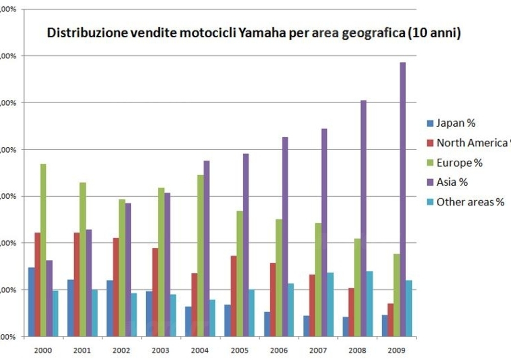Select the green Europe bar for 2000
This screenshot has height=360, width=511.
(43, 250)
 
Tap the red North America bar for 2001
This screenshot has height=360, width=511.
(77, 284)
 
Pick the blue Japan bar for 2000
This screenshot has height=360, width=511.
(31, 302)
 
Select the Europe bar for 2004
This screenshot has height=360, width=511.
(200, 255)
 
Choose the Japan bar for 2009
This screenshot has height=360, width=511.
(384, 326)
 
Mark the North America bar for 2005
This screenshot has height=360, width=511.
(234, 296)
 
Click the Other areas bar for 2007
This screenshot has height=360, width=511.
(331, 304)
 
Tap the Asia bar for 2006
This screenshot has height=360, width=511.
(285, 237)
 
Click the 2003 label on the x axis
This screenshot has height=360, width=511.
(160, 350)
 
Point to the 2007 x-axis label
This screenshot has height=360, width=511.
(318, 350)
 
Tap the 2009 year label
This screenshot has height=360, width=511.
(397, 350)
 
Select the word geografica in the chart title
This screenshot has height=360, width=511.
(378, 34)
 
